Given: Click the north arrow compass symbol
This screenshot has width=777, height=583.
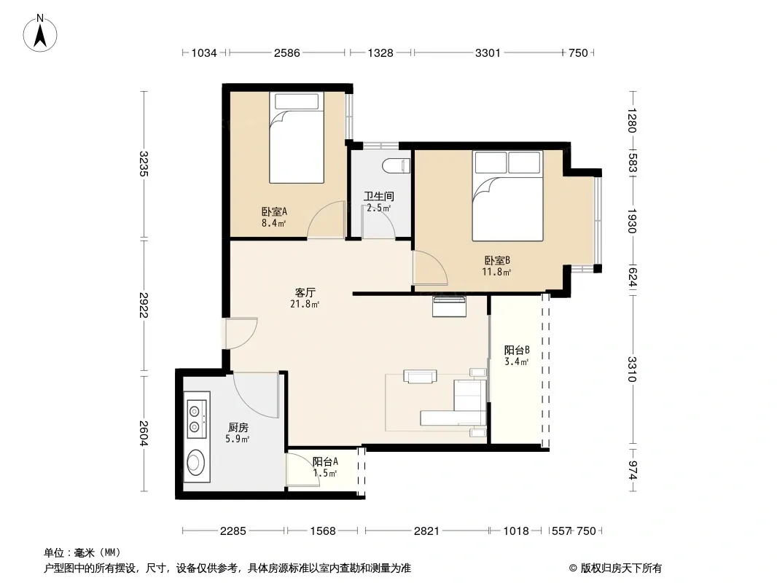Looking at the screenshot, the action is (40, 34).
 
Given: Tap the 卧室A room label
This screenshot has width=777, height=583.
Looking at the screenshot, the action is (274, 211).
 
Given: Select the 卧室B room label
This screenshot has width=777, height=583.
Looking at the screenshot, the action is (497, 260).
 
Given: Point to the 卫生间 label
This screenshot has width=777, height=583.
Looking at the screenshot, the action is (378, 196).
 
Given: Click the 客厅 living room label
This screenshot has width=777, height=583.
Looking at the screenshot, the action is (305, 293).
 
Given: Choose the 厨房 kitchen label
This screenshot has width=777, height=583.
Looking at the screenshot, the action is (238, 428).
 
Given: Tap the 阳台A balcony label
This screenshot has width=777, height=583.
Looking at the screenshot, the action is (325, 461).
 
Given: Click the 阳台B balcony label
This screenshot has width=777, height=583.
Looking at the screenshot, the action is (517, 351).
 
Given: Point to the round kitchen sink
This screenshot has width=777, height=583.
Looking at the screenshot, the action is (196, 462).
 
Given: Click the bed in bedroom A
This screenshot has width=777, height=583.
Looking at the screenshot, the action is (297, 138).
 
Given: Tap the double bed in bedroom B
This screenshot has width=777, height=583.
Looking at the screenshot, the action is (507, 195).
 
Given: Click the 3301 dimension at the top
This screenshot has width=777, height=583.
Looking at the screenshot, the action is (488, 53).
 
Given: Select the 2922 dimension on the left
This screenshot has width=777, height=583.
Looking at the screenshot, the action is (144, 305).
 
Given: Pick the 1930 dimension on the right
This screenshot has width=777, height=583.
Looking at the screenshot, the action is (631, 221).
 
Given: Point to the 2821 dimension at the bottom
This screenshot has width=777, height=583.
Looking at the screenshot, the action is (426, 531).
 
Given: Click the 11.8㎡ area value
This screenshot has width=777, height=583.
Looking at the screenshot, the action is (496, 272).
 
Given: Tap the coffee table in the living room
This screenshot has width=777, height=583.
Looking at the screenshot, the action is (421, 377).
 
